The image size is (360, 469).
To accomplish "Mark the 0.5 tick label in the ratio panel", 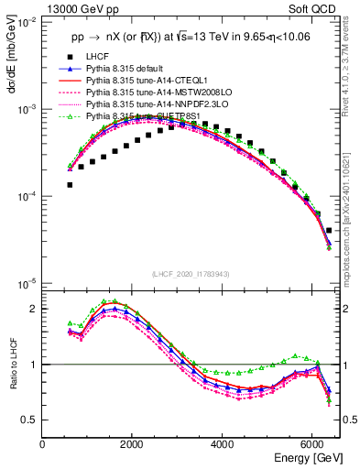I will tap(30, 420).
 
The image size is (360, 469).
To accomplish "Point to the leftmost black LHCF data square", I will tap(70, 184).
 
